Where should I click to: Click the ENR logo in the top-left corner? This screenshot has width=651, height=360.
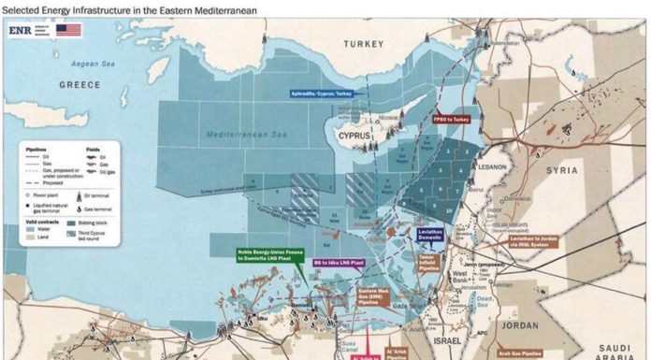(x=22, y=30)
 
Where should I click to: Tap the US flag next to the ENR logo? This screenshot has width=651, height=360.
(x=66, y=30)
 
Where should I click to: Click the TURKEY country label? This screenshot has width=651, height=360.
(x=364, y=44)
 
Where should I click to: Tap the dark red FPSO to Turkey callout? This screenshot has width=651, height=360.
(x=452, y=120)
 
